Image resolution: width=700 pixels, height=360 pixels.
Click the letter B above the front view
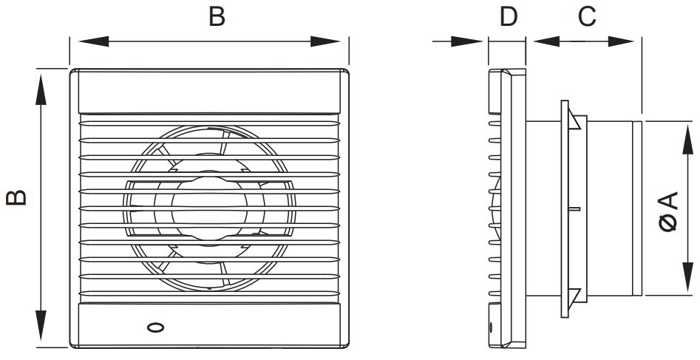[x=216, y=16]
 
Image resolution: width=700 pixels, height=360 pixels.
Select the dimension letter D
[x=507, y=16]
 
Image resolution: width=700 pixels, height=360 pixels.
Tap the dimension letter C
[x=586, y=16]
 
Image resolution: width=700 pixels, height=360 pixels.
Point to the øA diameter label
[x=668, y=211]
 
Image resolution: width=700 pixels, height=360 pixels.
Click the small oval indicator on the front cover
[x=156, y=327]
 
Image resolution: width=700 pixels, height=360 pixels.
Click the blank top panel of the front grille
[x=210, y=92]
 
